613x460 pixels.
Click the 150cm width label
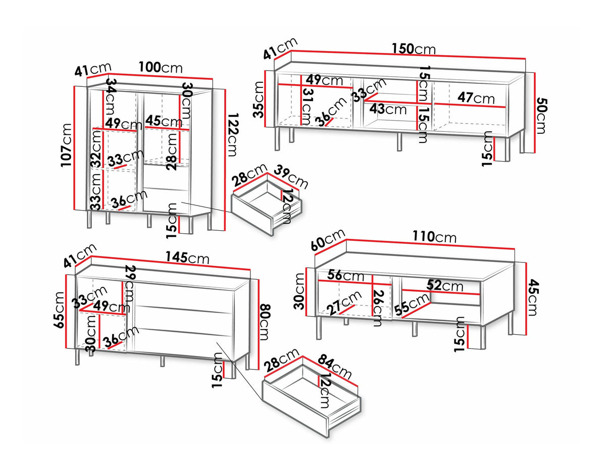pyautogui.click(x=413, y=49)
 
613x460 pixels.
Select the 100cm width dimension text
pyautogui.click(x=161, y=67)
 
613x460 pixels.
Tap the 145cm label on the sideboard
pyautogui.click(x=187, y=258)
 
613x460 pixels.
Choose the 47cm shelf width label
pyautogui.click(x=476, y=97)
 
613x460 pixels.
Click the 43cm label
pyautogui.click(x=388, y=109)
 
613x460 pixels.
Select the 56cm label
pyautogui.click(x=345, y=276)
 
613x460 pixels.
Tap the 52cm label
pyautogui.click(x=444, y=286)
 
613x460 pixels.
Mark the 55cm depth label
pyautogui.click(x=412, y=305)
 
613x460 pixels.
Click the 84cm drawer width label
pyautogui.click(x=334, y=366)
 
